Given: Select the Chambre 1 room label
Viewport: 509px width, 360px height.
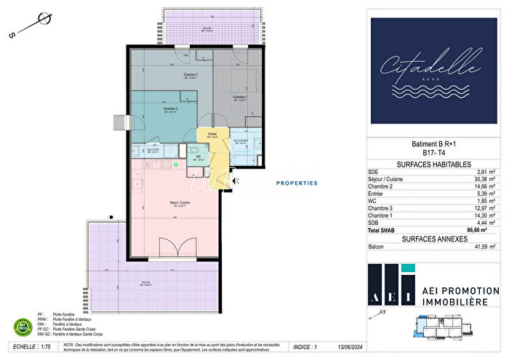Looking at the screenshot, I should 240,97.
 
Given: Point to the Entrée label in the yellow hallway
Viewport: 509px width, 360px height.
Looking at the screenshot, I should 213,134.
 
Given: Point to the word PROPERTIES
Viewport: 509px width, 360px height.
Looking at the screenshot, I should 296,183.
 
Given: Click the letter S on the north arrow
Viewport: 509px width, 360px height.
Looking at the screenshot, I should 11,35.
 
